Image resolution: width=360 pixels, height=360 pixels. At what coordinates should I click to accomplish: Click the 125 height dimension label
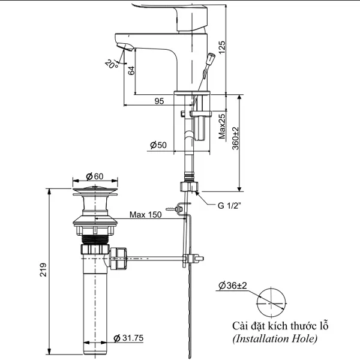pyautogui.click(x=222, y=47)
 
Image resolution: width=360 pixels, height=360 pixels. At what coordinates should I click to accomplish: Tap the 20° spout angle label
pyautogui.click(x=112, y=64)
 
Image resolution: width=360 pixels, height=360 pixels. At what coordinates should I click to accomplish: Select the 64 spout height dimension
pyautogui.click(x=131, y=70)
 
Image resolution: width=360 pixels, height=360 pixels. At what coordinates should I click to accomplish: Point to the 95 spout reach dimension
pyautogui.click(x=159, y=101)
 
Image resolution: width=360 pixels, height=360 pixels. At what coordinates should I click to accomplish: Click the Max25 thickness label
pyautogui.click(x=222, y=126)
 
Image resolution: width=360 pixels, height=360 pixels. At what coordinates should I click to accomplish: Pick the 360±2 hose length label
pyautogui.click(x=235, y=138)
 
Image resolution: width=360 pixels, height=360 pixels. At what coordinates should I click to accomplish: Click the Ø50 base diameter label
pyautogui.click(x=158, y=145)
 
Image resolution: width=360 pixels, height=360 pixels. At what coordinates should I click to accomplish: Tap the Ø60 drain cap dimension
pyautogui.click(x=95, y=176)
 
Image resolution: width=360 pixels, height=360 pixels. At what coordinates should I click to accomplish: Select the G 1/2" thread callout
pyautogui.click(x=229, y=205)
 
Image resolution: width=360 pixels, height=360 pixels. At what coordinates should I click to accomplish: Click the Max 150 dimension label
pyautogui.click(x=146, y=215)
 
